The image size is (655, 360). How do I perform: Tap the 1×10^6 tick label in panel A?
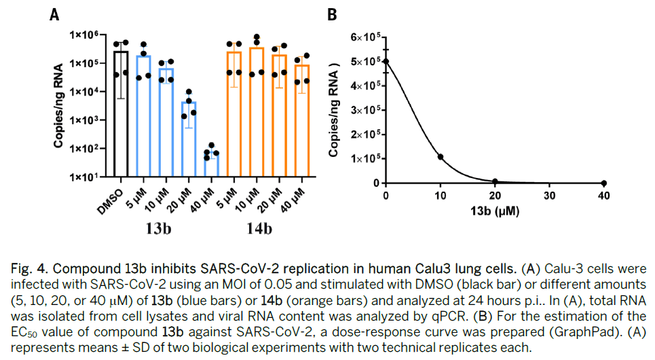point(84,35)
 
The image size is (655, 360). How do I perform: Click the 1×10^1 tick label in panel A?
point(84,177)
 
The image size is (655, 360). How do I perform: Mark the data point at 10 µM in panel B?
point(441,157)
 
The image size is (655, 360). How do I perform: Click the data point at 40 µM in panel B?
point(604,183)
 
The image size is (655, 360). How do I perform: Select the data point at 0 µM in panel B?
point(386,61)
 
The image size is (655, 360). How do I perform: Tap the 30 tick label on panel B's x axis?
point(550,196)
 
